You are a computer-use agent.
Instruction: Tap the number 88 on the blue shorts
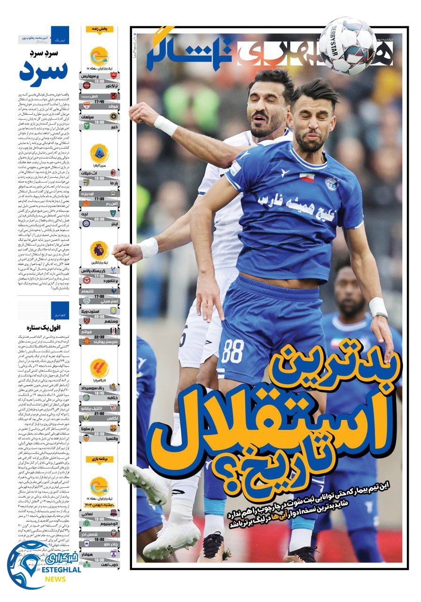point(233,351)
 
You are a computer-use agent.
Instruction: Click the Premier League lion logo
point(99,251)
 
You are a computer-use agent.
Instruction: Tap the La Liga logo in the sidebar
point(99,368)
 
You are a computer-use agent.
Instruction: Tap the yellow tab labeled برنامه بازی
point(99,458)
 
